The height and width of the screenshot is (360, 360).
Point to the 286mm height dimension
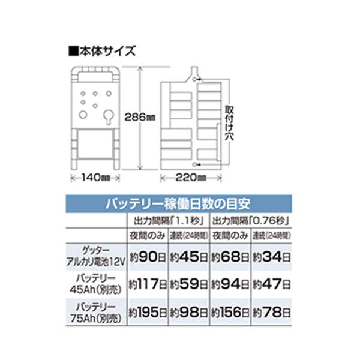pyautogui.click(x=142, y=118)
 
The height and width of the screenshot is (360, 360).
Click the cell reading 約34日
pyautogui.click(x=274, y=259)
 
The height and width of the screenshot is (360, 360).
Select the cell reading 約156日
pyautogui.click(x=231, y=313)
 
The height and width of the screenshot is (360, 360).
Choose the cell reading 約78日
pyautogui.click(x=274, y=313)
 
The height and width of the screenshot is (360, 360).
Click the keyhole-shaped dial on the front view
pyautogui.click(x=107, y=115)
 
